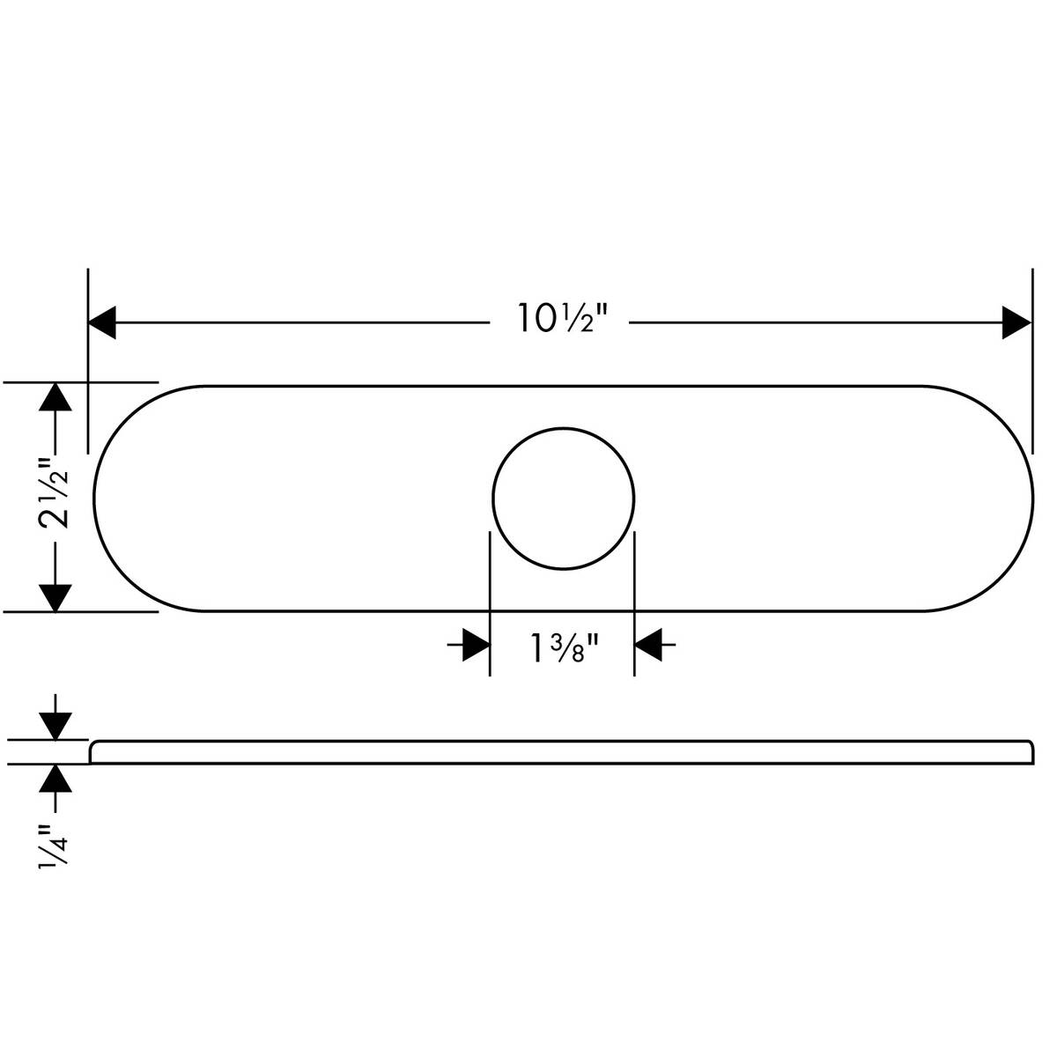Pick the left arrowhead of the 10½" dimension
[102, 322]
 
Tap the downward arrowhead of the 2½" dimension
[55, 597]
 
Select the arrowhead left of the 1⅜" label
[476, 646]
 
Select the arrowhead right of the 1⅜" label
[648, 646]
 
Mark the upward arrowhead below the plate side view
[55, 779]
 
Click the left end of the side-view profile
[93, 752]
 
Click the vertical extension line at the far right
[1032, 361]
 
